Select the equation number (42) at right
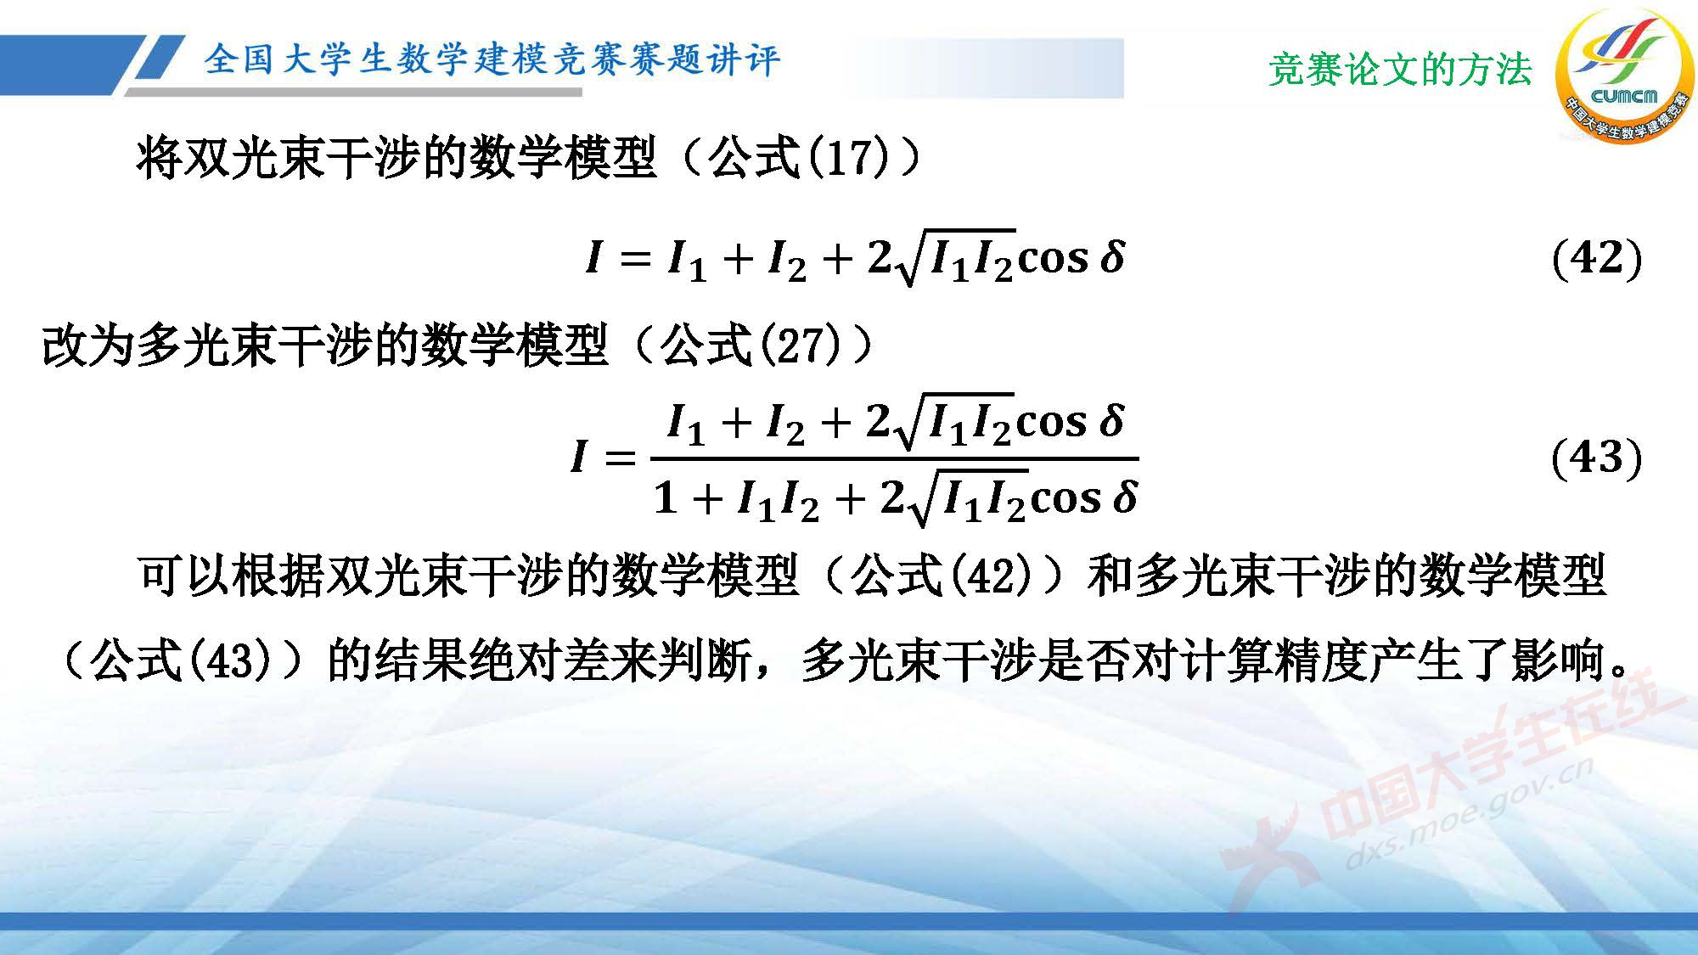pyautogui.click(x=1596, y=258)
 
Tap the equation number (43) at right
pyautogui.click(x=1596, y=458)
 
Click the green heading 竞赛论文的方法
pyautogui.click(x=1400, y=69)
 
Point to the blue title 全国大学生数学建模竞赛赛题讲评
pyautogui.click(x=492, y=59)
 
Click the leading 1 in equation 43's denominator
pyautogui.click(x=666, y=497)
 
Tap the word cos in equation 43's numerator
pyautogui.click(x=1051, y=423)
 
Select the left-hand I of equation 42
pyautogui.click(x=593, y=256)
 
